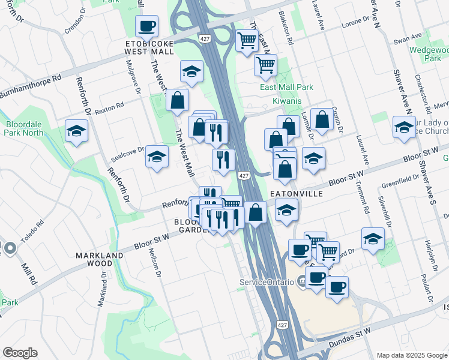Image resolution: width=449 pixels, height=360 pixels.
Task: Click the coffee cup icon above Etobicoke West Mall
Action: click(147, 27)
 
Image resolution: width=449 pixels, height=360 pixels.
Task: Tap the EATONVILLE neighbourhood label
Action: click(296, 194)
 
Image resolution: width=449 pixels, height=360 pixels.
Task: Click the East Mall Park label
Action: click(286, 87)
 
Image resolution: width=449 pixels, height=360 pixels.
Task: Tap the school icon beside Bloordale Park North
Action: click(77, 132)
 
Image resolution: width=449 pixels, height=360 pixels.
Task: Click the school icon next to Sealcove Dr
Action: click(157, 157)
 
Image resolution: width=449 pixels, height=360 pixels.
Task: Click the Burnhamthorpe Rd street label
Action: click(31, 86)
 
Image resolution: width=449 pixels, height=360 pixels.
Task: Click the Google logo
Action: click(20, 353)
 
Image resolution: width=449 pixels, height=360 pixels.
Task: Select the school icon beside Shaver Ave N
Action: click(404, 127)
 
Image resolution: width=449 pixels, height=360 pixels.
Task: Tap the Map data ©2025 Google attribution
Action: click(411, 355)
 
